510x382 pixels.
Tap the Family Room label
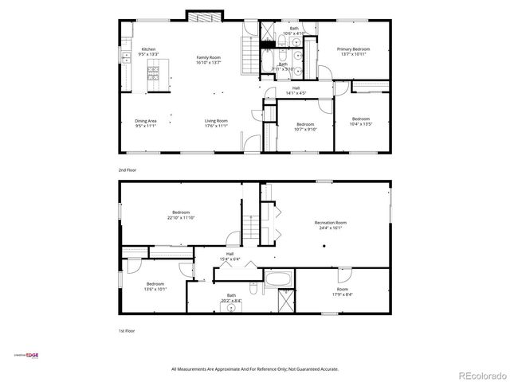pyautogui.click(x=209, y=57)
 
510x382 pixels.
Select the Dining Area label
pyautogui.click(x=145, y=121)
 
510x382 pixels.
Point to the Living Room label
pyautogui.click(x=216, y=121)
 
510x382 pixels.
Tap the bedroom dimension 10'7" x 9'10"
pyautogui.click(x=306, y=128)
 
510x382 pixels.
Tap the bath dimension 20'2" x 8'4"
pyautogui.click(x=231, y=300)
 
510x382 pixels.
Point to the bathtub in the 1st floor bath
pyautogui.click(x=279, y=280)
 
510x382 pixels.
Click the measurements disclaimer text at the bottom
pyautogui.click(x=255, y=368)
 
